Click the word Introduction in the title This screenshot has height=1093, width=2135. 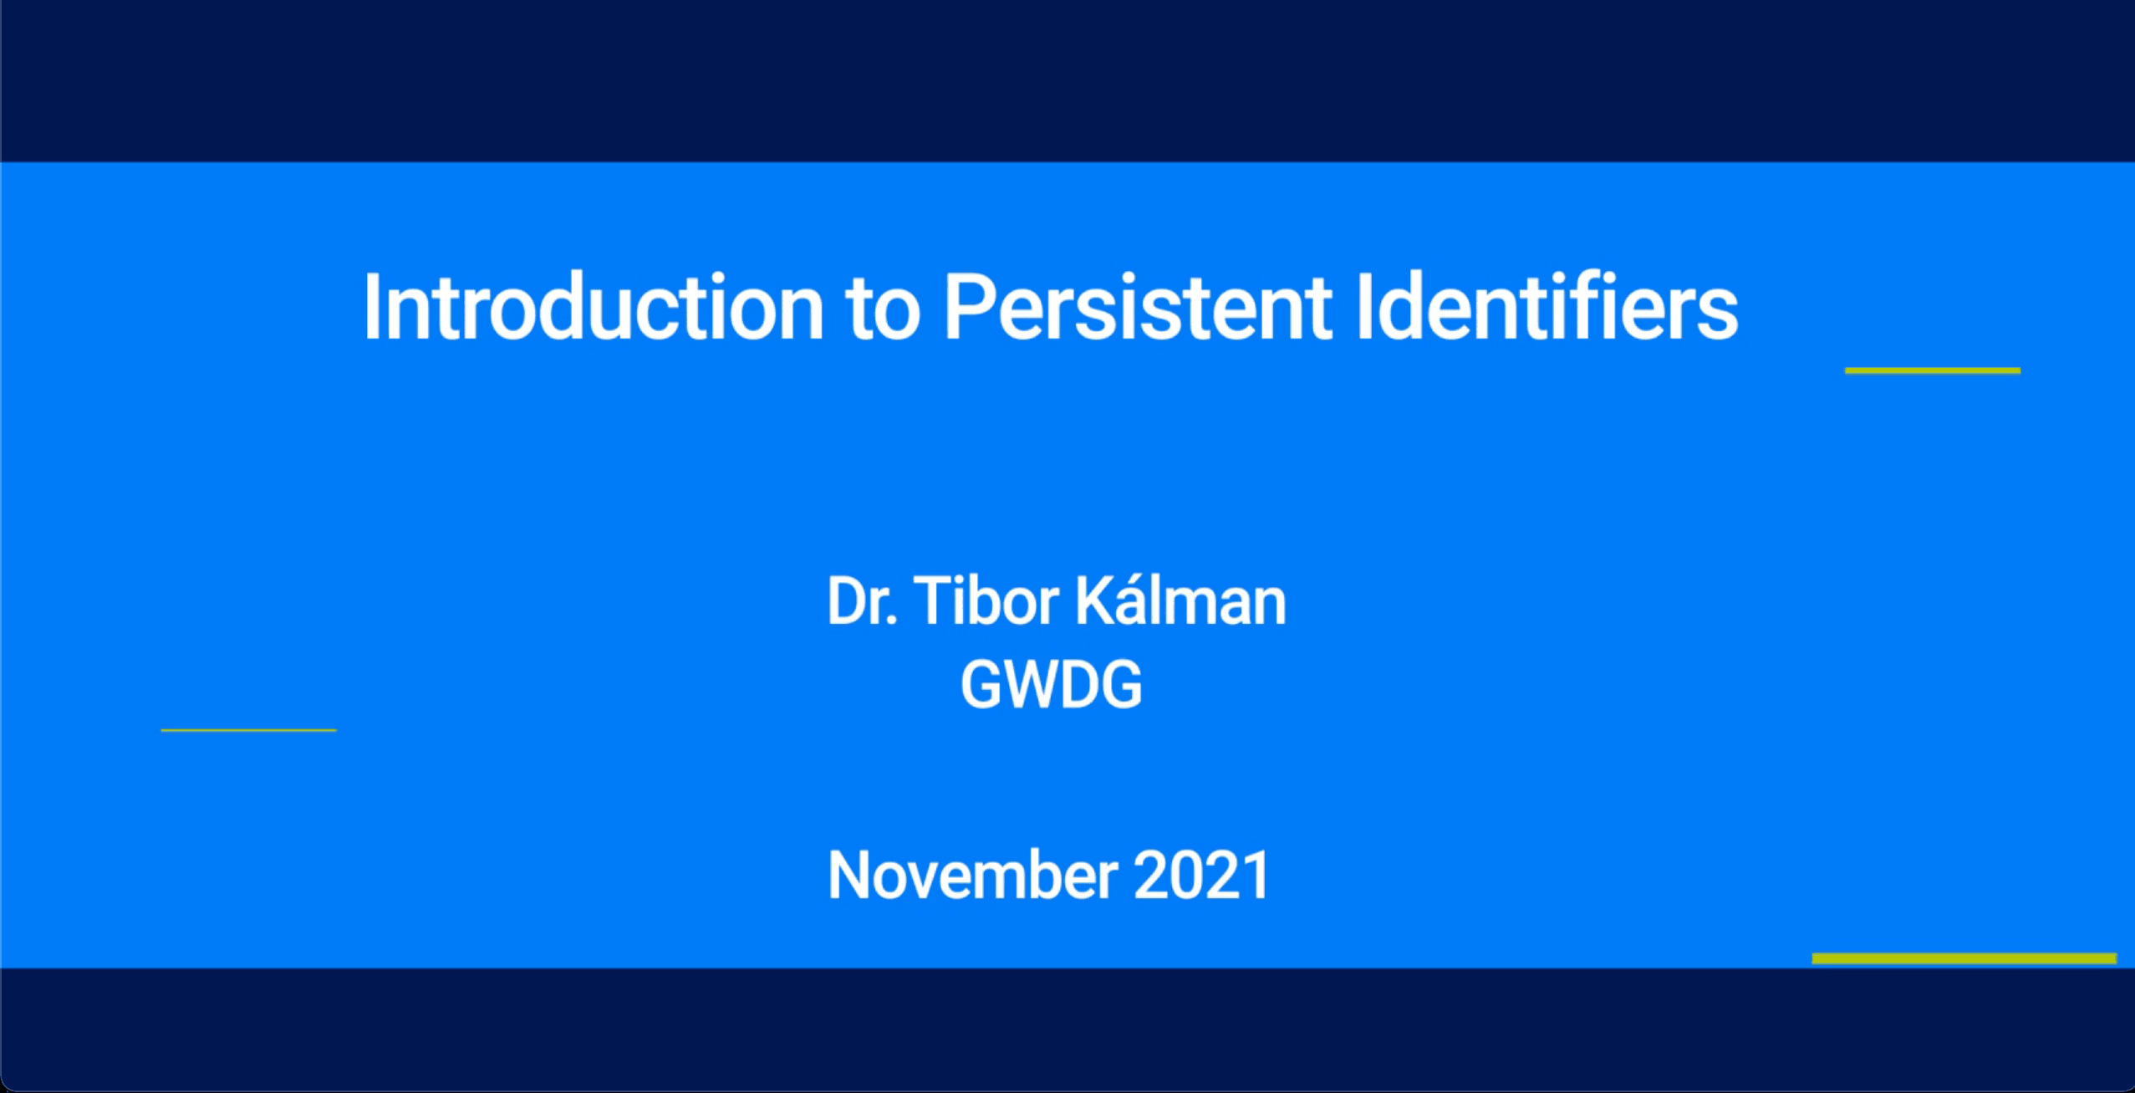[594, 307]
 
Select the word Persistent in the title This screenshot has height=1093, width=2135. [1137, 307]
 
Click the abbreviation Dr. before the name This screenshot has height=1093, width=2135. [862, 601]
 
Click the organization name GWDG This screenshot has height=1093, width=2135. [1051, 684]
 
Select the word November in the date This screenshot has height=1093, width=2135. [972, 875]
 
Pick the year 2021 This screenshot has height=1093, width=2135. [1202, 875]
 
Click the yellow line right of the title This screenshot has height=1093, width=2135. [1933, 370]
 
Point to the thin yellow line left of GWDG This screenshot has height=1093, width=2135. [248, 730]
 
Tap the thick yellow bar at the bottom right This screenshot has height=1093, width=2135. [1964, 958]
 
